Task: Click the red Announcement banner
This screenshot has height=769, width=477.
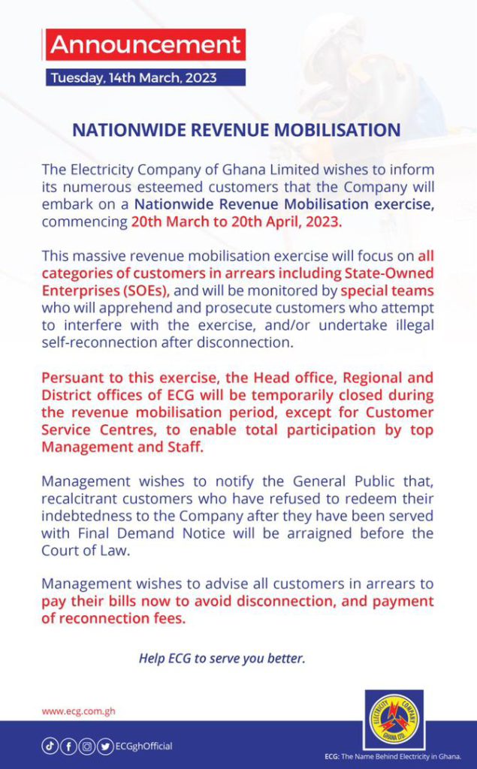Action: point(145,45)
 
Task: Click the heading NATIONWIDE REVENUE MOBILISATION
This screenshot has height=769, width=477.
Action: point(236,130)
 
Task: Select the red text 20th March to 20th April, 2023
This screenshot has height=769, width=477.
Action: point(235,222)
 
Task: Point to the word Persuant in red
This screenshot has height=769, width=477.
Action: point(73,378)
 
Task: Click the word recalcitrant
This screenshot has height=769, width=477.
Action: point(77,499)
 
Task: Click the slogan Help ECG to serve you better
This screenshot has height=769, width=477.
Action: point(222,659)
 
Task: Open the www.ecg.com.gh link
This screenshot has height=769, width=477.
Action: point(78,711)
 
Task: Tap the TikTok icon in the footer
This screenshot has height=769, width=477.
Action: point(50,746)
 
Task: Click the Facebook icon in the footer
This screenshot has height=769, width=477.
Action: point(68,746)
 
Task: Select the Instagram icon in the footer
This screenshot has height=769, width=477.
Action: point(87,746)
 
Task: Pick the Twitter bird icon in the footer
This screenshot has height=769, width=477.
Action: point(106,746)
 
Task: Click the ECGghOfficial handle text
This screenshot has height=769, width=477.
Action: point(144,746)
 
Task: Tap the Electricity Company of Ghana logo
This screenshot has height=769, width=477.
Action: point(394,719)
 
